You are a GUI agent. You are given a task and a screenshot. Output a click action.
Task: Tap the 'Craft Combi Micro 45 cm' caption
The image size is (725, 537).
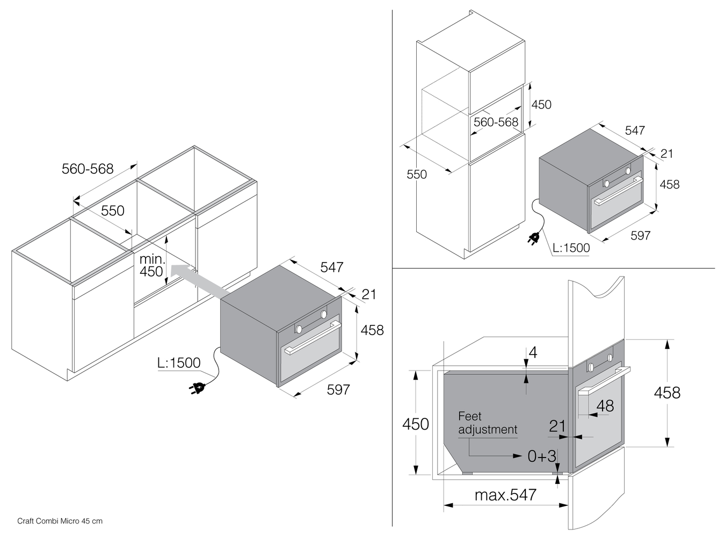tap(60, 521)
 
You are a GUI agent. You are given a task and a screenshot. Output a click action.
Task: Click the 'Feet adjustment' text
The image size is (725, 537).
tap(487, 423)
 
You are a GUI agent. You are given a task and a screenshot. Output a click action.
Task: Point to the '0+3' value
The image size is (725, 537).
tap(542, 456)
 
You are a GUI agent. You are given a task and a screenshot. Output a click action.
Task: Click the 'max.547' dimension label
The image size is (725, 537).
tap(505, 495)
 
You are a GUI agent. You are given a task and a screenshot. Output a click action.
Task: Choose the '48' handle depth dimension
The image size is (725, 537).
tap(605, 405)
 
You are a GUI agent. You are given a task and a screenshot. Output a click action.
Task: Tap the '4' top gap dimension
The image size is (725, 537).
tap(533, 353)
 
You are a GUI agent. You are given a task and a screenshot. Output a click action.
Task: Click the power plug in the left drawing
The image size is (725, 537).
tap(197, 388)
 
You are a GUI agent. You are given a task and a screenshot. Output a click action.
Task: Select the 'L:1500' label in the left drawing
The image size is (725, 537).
tap(179, 363)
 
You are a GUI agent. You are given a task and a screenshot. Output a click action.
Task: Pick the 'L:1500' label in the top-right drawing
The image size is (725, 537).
tap(571, 248)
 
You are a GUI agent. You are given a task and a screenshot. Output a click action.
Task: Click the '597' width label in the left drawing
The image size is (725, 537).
tap(338, 390)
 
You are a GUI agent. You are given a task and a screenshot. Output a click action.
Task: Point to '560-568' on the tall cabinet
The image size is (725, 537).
tap(496, 122)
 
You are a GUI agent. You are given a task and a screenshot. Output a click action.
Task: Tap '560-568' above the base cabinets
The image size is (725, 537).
tap(88, 169)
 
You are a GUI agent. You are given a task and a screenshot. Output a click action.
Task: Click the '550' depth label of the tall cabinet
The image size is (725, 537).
tap(417, 175)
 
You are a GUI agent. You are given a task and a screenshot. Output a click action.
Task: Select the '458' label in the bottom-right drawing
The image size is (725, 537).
tap(667, 393)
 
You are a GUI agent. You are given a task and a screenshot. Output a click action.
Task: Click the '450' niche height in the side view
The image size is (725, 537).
tap(416, 424)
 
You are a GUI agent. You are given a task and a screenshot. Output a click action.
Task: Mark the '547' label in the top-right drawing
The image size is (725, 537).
tap(635, 130)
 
